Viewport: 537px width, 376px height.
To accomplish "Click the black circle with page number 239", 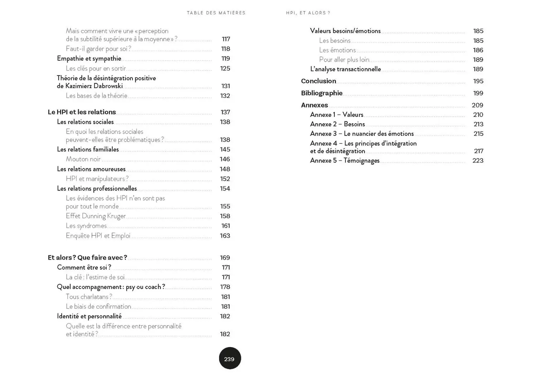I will click(229, 358).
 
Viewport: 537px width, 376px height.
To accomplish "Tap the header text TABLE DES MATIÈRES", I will click(216, 13).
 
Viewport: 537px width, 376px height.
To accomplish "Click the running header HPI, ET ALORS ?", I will click(308, 13).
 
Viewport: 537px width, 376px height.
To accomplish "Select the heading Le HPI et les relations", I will click(82, 112).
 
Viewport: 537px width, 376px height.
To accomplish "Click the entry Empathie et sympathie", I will click(89, 58).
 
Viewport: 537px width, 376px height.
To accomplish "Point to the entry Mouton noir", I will click(83, 159).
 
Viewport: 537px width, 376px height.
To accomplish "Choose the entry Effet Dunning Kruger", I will click(96, 216).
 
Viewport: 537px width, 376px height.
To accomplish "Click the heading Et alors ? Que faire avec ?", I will click(87, 257).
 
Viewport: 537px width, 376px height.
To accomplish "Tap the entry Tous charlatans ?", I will click(89, 297).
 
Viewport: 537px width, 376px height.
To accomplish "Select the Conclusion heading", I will click(318, 81).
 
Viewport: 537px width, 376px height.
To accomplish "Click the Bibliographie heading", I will click(321, 93).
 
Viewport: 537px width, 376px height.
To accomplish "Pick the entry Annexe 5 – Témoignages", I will click(344, 160).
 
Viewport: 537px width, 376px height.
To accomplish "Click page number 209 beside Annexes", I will click(477, 105).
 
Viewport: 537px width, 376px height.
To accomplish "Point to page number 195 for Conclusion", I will click(478, 81).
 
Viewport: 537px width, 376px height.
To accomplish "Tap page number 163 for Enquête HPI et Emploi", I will click(225, 236).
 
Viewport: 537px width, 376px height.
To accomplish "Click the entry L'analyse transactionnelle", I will click(345, 69).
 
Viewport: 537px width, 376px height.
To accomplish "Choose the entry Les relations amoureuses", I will click(91, 169).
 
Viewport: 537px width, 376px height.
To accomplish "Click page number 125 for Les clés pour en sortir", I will click(225, 68).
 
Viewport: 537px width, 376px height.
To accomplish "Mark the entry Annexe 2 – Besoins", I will click(337, 124).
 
